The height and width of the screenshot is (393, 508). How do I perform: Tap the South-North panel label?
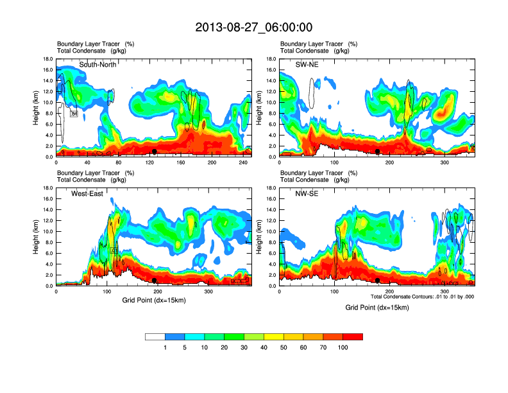click(x=97, y=65)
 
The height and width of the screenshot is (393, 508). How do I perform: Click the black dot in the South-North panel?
click(x=155, y=151)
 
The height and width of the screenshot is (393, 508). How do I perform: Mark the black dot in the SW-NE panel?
click(x=378, y=151)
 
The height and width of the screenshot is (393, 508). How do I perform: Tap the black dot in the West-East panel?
click(x=155, y=280)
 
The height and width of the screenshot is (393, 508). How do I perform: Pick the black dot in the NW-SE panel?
click(x=378, y=280)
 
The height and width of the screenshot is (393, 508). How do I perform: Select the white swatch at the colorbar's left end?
click(x=155, y=336)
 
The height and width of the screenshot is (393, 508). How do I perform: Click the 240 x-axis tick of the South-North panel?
click(x=239, y=163)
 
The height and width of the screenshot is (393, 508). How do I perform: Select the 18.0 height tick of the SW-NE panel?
click(x=272, y=59)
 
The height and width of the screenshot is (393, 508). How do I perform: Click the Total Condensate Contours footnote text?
click(x=422, y=296)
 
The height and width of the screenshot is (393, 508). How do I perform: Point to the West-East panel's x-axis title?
click(x=153, y=300)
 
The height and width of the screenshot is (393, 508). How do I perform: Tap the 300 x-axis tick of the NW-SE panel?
click(x=444, y=292)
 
